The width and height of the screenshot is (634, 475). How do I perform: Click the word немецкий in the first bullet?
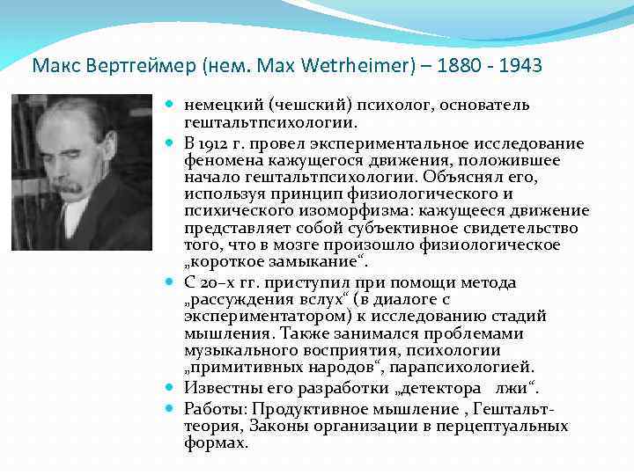click(x=220, y=106)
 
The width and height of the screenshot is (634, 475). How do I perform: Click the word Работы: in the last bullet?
click(x=215, y=407)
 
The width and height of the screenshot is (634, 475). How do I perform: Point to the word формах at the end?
click(x=216, y=443)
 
